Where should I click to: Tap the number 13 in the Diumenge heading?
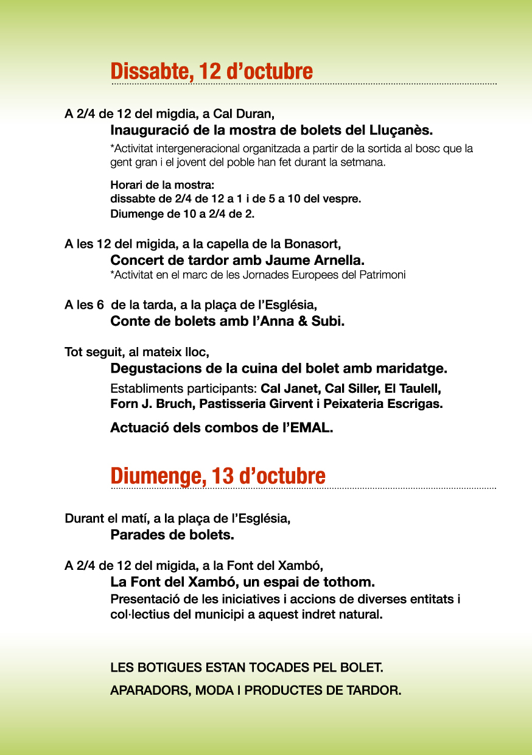(x=223, y=476)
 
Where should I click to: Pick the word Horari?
(x=125, y=184)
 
